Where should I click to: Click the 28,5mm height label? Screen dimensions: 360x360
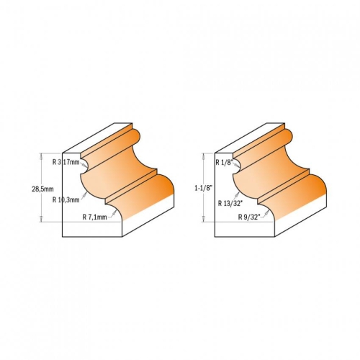point(42,189)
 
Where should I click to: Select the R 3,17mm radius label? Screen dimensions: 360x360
point(66,162)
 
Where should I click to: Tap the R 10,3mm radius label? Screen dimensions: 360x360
point(66,200)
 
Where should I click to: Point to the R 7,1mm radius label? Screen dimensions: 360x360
point(94,217)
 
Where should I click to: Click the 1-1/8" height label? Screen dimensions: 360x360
point(204,188)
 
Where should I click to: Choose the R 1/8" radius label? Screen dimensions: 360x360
point(224,163)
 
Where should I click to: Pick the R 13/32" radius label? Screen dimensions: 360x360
point(230,204)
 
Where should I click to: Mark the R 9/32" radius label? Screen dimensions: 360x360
point(249,217)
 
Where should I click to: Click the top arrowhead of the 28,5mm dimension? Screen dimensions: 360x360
point(41,156)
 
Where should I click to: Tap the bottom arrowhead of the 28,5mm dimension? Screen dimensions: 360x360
point(41,220)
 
